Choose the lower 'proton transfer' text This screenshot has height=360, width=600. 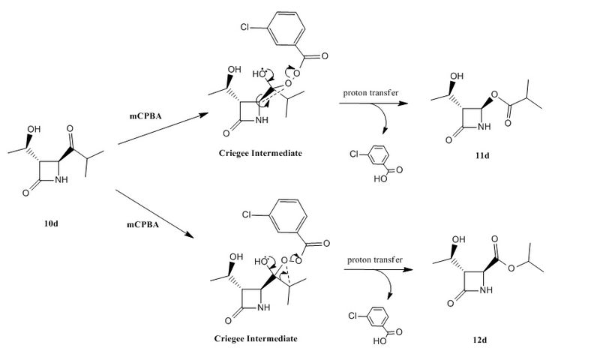pos(372,260)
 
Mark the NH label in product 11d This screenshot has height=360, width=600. pos(485,127)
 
